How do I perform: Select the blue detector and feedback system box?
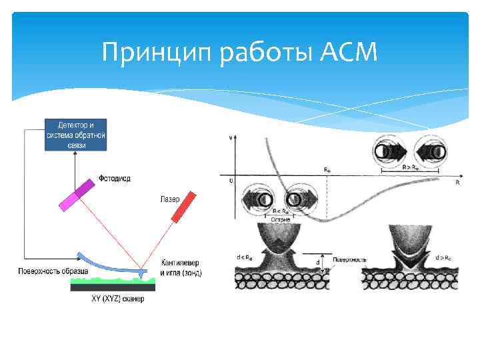point(75,135)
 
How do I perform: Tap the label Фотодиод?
point(115,178)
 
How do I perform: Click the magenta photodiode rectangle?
point(78,194)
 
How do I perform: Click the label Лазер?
point(169,198)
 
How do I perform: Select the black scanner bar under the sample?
point(113,287)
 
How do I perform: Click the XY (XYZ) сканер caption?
point(117,298)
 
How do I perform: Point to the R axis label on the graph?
point(457,181)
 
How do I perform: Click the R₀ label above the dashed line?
point(327,171)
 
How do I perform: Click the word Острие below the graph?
point(280,218)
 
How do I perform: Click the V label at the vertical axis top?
point(231,137)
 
